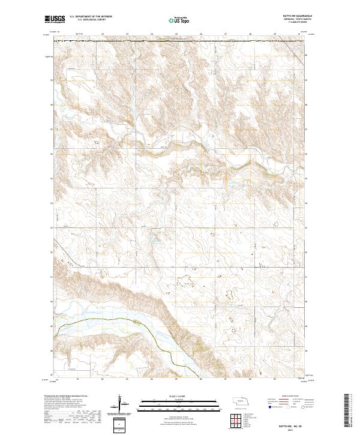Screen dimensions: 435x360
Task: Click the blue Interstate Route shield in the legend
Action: point(269,407)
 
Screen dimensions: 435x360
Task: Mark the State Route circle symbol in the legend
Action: point(304,407)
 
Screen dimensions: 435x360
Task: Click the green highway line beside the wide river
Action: point(96,322)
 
